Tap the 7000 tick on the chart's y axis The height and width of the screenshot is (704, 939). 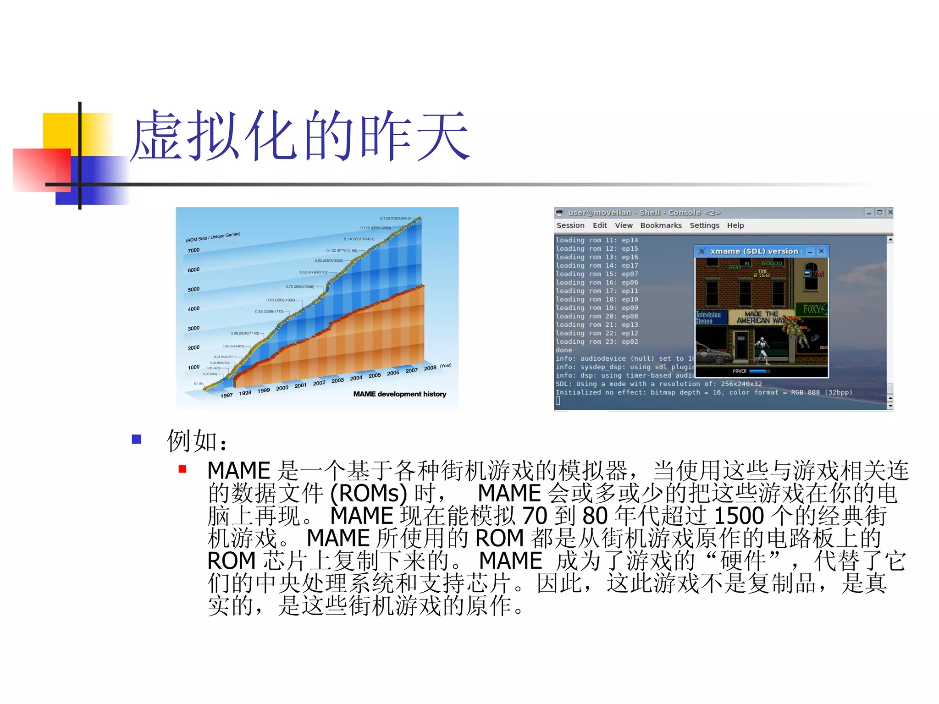(x=193, y=251)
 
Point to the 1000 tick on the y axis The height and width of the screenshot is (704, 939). (x=193, y=368)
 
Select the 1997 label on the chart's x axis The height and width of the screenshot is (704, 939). (x=226, y=396)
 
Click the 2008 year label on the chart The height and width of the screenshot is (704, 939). (x=430, y=368)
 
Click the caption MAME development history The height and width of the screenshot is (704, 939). (x=399, y=394)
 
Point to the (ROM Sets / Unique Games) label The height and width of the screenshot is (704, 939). (x=213, y=237)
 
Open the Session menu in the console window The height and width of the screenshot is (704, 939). (x=570, y=225)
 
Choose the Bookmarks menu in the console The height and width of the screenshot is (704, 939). (x=661, y=225)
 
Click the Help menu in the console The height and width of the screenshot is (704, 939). (x=735, y=225)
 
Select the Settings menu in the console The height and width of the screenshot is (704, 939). (x=704, y=225)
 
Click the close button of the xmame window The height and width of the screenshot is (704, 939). (x=821, y=251)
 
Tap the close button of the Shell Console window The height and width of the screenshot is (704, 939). (x=890, y=212)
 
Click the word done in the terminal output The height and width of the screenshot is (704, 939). (x=564, y=350)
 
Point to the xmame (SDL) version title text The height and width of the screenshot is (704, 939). (x=754, y=251)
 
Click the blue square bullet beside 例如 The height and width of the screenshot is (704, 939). (x=136, y=439)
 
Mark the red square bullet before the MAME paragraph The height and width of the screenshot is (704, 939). (x=182, y=469)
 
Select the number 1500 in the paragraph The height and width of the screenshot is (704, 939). (x=739, y=516)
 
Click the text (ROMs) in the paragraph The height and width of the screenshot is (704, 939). (x=368, y=493)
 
